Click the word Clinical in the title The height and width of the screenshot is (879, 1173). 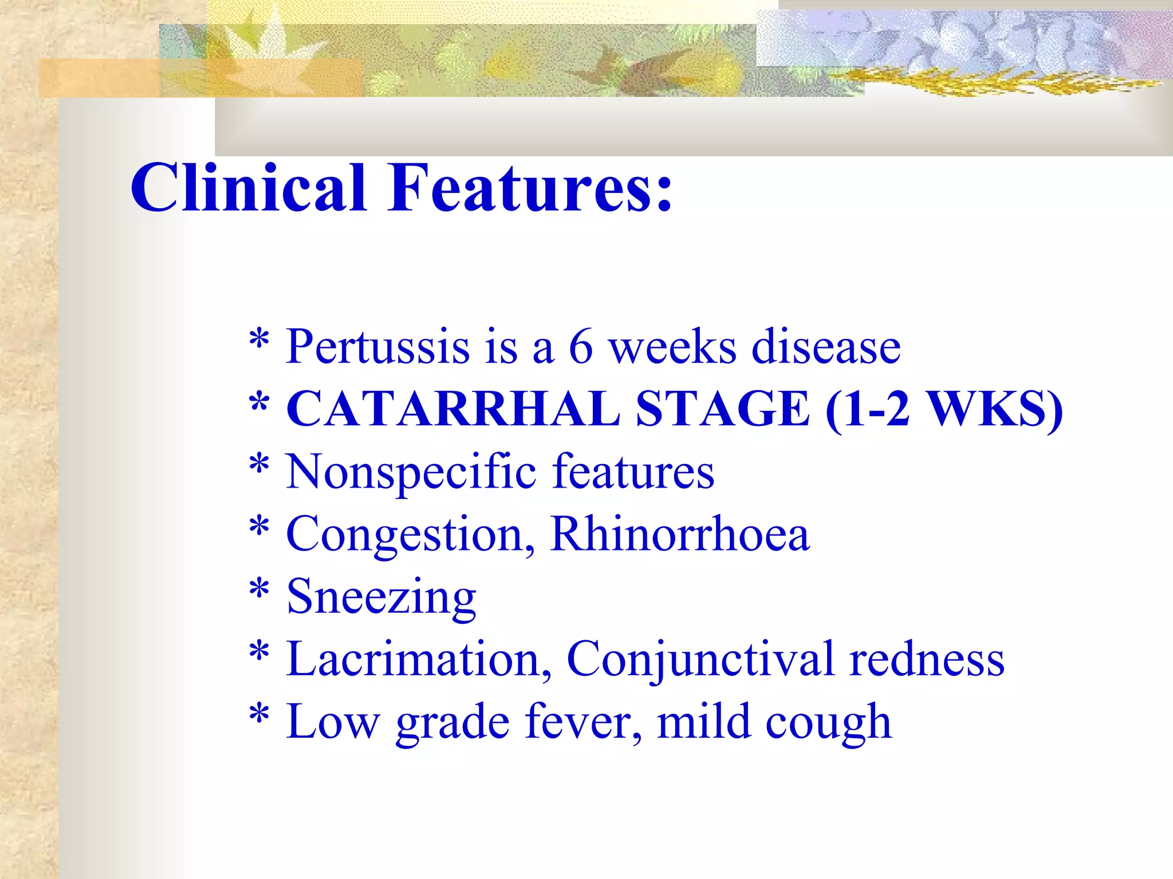247,188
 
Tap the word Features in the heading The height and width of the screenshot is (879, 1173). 530,188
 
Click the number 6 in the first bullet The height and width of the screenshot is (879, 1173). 580,347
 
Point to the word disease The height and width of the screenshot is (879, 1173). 826,347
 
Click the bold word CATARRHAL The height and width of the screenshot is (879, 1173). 452,409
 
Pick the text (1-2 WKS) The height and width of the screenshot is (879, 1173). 944,409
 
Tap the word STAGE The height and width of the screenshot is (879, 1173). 723,409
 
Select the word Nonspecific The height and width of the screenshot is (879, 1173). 411,473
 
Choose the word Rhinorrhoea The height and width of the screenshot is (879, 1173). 680,533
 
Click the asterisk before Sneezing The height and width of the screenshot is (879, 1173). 259,589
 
